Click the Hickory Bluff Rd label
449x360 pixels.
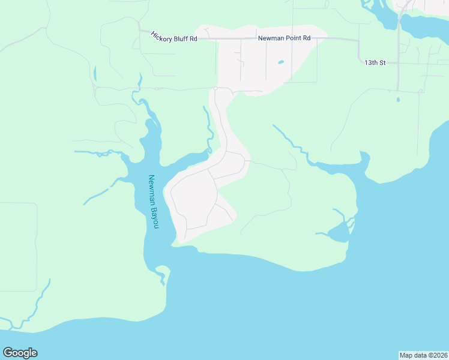(x=174, y=37)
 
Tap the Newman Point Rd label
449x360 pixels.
(x=284, y=38)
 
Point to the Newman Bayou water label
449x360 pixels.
(x=154, y=201)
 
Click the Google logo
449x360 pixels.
(x=20, y=353)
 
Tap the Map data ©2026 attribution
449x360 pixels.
(x=423, y=355)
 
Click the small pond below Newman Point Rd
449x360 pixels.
(x=280, y=61)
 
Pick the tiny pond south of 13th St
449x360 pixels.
(x=397, y=100)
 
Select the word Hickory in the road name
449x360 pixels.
(x=161, y=35)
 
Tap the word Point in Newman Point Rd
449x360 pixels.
(x=292, y=38)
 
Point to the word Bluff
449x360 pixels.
(x=180, y=37)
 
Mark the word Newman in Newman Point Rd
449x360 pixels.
(x=270, y=38)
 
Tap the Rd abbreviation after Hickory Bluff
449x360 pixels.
(x=193, y=39)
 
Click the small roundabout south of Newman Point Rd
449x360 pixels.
(x=215, y=88)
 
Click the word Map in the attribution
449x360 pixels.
(x=406, y=355)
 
